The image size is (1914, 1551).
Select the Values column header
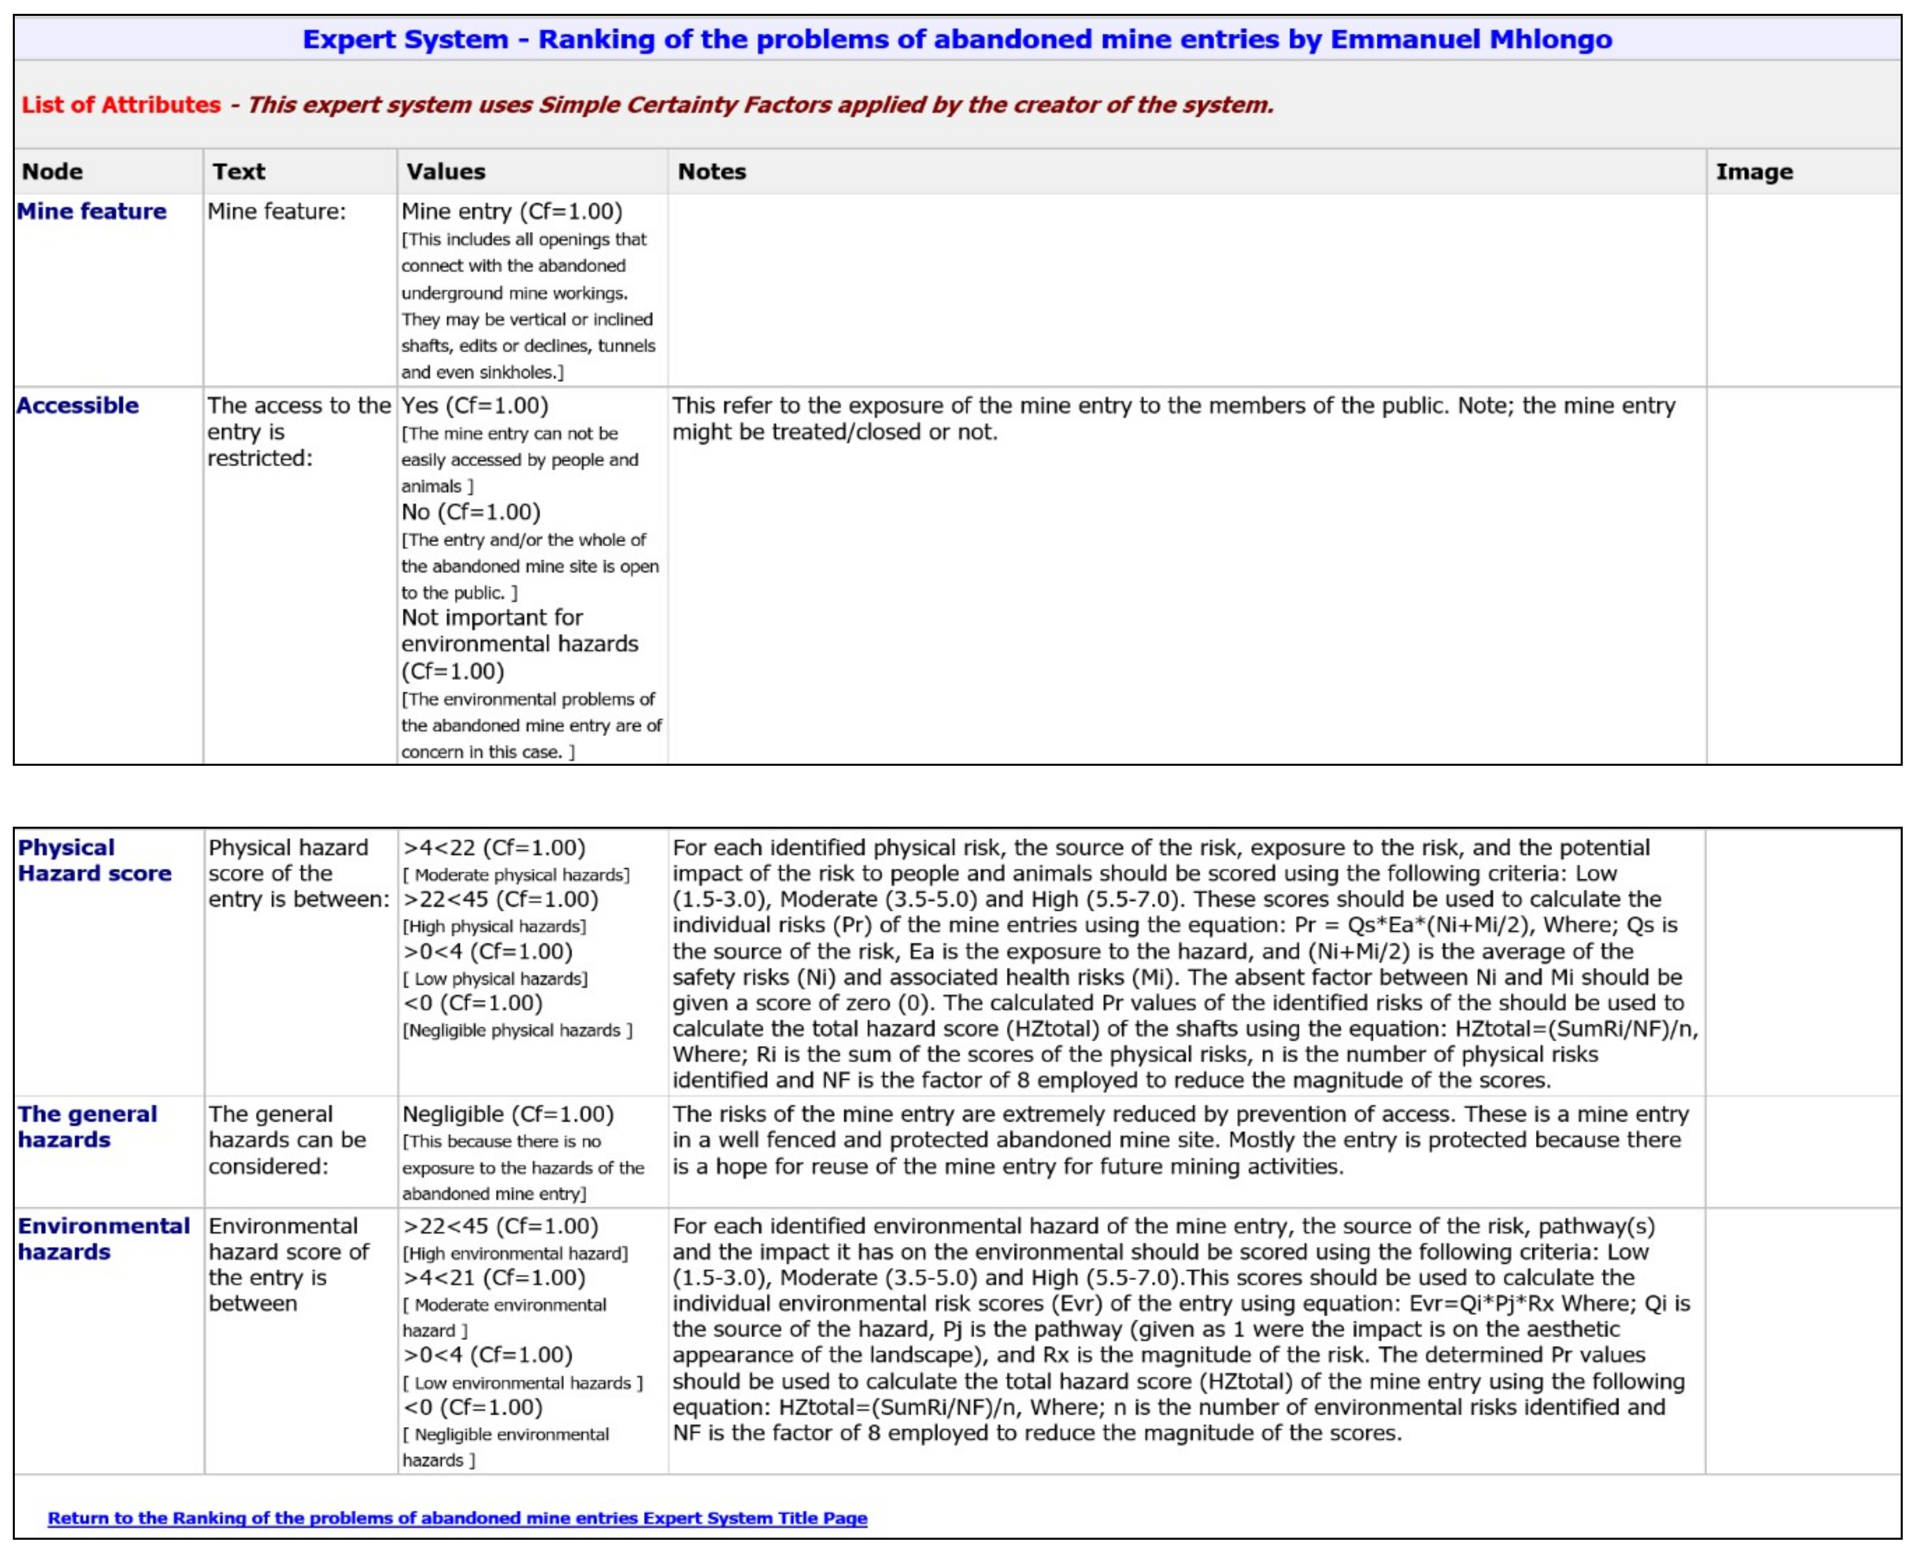pos(446,171)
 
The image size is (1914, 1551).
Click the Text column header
pos(238,171)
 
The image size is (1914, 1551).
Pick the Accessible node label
pos(78,405)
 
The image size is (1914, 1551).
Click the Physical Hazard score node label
pos(94,860)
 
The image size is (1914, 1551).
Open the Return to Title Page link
pos(458,1518)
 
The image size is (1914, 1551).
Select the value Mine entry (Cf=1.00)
pos(512,212)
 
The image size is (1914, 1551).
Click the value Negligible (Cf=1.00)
pos(507,1114)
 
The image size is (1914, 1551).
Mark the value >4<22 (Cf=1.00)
pos(494,847)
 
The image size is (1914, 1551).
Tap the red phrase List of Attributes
pos(121,104)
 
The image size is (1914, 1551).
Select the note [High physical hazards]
pos(494,927)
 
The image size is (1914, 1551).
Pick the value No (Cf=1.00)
pos(471,512)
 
